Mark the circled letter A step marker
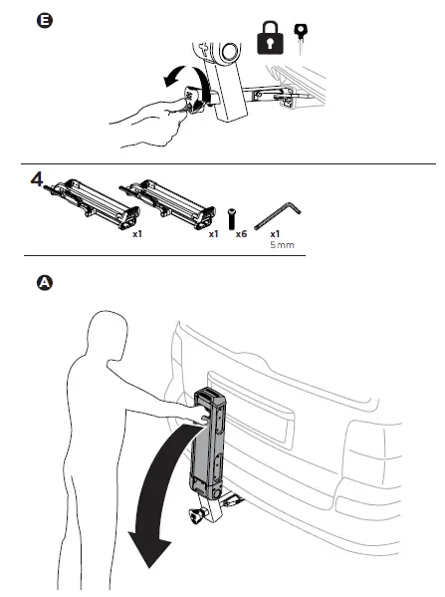point(43,283)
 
